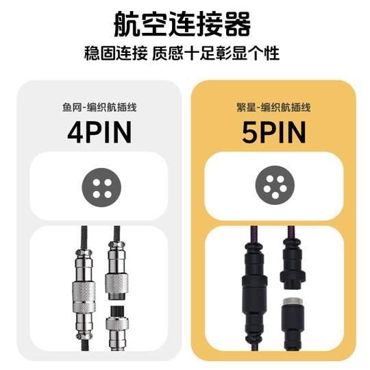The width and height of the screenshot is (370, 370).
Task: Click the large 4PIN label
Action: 99,132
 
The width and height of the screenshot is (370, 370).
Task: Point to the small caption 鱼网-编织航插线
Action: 99,108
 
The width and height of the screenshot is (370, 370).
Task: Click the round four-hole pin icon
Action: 99,186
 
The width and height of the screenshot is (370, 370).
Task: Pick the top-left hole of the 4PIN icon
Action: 93,180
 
